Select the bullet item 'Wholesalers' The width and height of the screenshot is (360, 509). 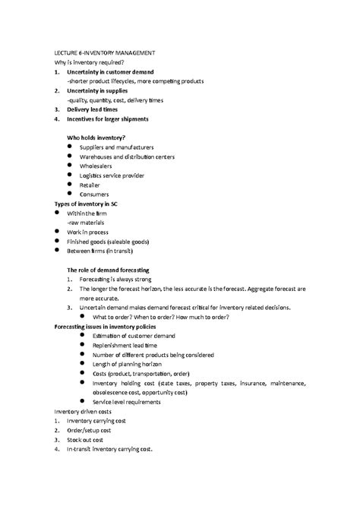(99, 166)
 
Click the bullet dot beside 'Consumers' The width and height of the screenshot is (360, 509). (70, 194)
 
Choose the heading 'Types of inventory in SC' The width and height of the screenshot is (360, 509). (86, 204)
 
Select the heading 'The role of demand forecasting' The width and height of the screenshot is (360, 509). (108, 270)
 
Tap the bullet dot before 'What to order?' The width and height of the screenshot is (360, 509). (84, 317)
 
